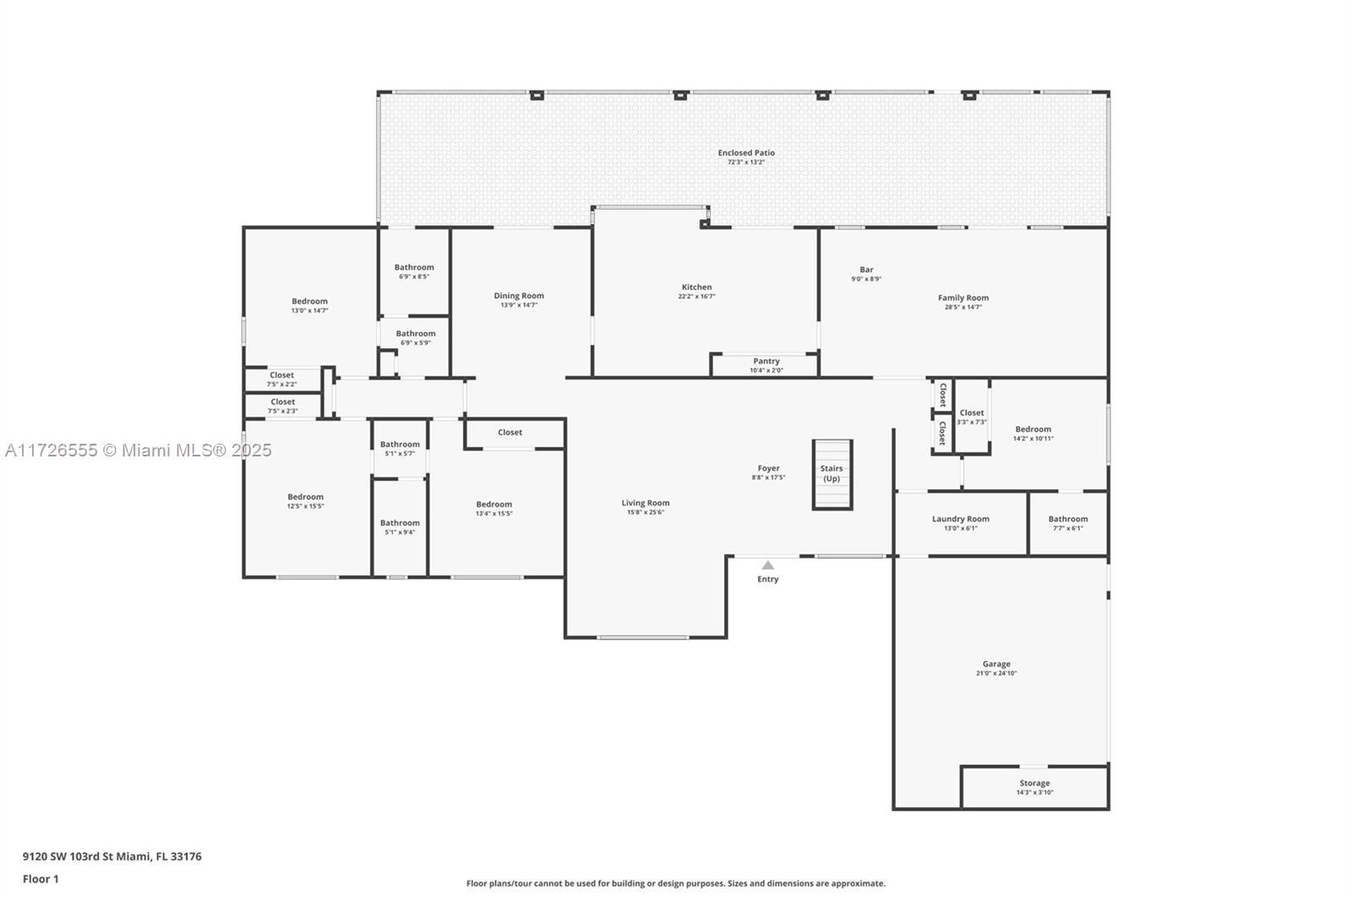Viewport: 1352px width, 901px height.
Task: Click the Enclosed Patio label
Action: pos(746,153)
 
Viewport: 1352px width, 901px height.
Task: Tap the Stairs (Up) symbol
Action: pos(832,474)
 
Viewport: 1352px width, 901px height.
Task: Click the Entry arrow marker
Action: pos(767,565)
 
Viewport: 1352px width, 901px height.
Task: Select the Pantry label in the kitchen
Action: pos(766,361)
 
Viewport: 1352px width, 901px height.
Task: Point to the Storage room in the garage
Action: pos(1034,787)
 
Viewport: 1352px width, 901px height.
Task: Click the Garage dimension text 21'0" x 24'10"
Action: pos(996,674)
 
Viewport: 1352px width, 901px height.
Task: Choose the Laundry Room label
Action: pos(961,519)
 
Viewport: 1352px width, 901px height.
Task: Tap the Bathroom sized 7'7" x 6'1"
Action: pos(1068,523)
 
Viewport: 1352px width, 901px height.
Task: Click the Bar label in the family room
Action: pos(866,270)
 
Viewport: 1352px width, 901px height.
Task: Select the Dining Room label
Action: pos(519,296)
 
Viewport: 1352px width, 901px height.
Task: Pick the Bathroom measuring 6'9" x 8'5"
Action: pos(414,271)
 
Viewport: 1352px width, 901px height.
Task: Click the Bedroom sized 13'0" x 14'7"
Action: pos(309,305)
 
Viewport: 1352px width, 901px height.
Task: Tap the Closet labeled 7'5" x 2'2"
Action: pos(282,379)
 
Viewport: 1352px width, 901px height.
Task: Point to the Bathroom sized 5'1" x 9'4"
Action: pos(400,527)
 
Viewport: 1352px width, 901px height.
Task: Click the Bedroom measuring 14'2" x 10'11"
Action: pos(1033,433)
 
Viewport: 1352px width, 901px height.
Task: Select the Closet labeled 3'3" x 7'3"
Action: pos(972,417)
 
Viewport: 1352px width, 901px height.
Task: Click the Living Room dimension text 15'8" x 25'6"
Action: pos(646,512)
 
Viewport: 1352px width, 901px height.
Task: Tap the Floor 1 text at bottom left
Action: pos(41,879)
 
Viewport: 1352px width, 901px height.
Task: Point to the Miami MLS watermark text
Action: pos(139,450)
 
